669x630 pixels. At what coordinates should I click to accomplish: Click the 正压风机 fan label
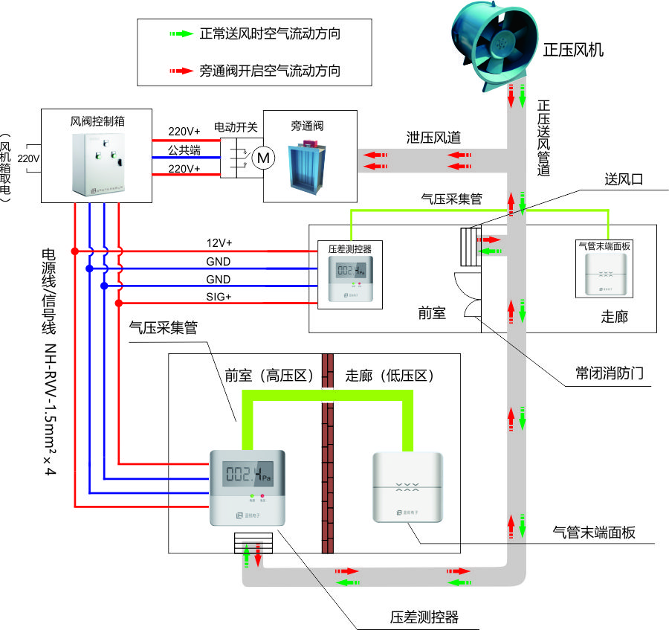pos(573,51)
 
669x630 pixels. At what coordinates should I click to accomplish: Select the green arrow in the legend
pos(180,34)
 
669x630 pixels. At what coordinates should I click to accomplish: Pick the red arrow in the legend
pos(180,71)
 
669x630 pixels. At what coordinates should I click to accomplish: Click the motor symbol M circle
pos(264,158)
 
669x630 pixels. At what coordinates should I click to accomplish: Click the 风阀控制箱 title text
pos(97,119)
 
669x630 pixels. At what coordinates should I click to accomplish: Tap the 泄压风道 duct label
pos(433,137)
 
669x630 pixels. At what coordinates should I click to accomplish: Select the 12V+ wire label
pos(219,243)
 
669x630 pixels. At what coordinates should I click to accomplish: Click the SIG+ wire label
pos(219,298)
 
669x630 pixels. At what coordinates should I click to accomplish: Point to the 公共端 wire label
pos(184,150)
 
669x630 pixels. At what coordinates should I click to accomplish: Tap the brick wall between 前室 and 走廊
pos(327,461)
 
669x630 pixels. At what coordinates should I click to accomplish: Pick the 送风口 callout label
pos(622,179)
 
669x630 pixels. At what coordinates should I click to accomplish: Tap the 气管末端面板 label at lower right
pos(594,532)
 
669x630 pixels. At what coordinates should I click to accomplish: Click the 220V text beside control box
pos(28,158)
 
